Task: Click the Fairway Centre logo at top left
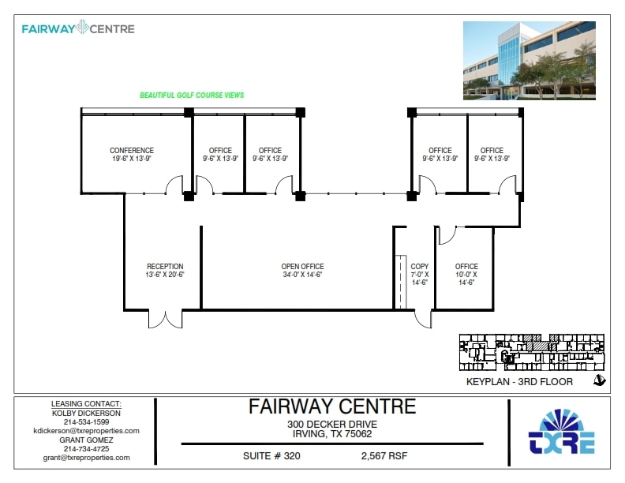coord(78,29)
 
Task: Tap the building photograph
coord(528,62)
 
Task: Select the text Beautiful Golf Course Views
coord(192,95)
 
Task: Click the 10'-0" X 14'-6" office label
coord(466,274)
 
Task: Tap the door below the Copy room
coord(422,317)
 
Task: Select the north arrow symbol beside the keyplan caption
coord(599,381)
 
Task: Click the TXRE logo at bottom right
coord(561,433)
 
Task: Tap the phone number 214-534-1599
coord(86,422)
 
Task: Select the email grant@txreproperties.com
coord(86,458)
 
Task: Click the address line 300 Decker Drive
coord(331,424)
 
